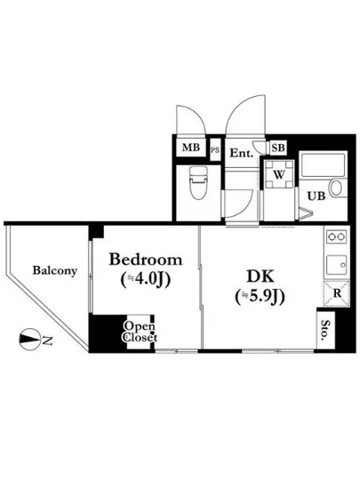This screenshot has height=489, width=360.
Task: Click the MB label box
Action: tap(190, 148)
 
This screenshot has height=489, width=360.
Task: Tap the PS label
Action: tap(214, 150)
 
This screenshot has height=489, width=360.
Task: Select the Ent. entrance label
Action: tap(242, 153)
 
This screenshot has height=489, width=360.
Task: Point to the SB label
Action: tap(277, 148)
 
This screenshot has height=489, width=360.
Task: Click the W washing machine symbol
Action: tap(278, 174)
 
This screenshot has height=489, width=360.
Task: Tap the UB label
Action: tap(316, 196)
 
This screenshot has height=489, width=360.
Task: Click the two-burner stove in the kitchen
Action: tap(336, 238)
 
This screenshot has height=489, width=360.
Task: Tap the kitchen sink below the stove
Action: tap(336, 264)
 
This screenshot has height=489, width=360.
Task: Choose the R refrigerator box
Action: tap(337, 293)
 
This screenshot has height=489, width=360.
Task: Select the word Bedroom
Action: tap(146, 261)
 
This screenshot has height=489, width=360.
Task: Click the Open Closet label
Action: tap(140, 332)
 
